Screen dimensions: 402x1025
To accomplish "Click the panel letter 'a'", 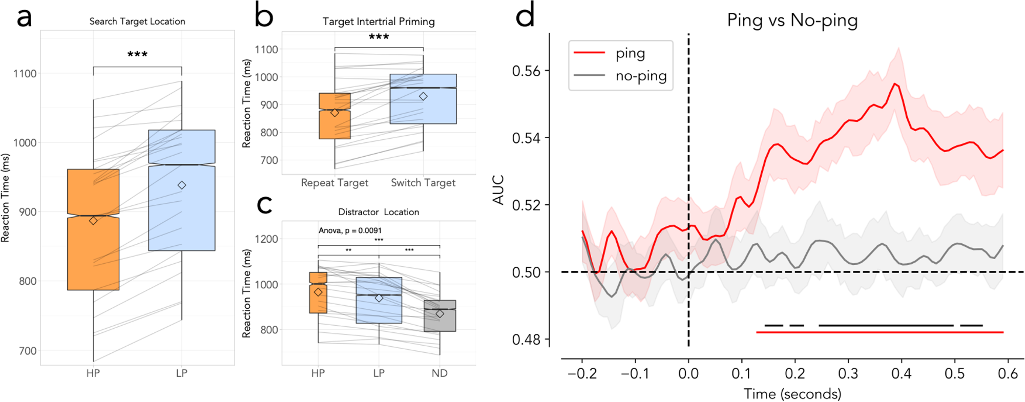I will pos(24,17).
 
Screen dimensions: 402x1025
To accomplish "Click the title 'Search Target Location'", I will pos(137,22).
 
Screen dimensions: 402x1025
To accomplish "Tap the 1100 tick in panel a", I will pos(25,74).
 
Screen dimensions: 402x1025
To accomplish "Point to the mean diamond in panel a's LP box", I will pos(181,185).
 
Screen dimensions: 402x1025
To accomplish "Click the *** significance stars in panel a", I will pos(137,54).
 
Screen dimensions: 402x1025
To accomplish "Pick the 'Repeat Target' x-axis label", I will pos(334,183).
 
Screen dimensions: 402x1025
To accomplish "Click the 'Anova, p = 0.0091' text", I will pos(350,230).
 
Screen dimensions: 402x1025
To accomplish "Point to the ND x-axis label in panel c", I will pos(440,373).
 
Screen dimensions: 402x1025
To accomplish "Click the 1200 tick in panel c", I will pos(266,239).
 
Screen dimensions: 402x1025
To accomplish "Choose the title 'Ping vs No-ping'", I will pos(792,20).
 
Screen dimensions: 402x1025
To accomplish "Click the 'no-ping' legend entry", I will pos(640,76).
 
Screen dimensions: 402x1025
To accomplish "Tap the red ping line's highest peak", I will pos(895,83).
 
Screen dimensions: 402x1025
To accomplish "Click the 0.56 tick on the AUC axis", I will pos(526,71).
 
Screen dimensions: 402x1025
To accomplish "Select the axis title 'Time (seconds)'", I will pos(792,394).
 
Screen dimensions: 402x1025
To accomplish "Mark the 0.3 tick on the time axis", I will pos(848,374).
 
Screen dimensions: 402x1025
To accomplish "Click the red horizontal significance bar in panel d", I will pos(879,332).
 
